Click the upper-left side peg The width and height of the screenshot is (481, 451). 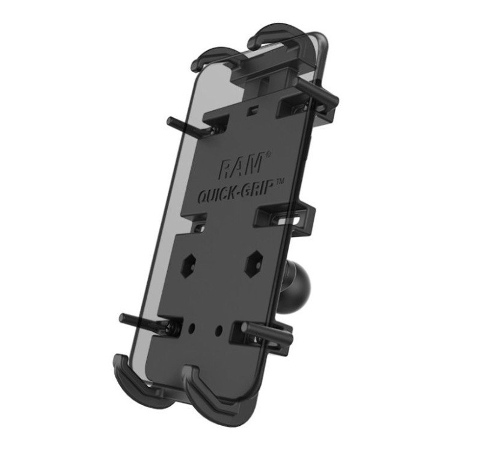click(189, 126)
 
